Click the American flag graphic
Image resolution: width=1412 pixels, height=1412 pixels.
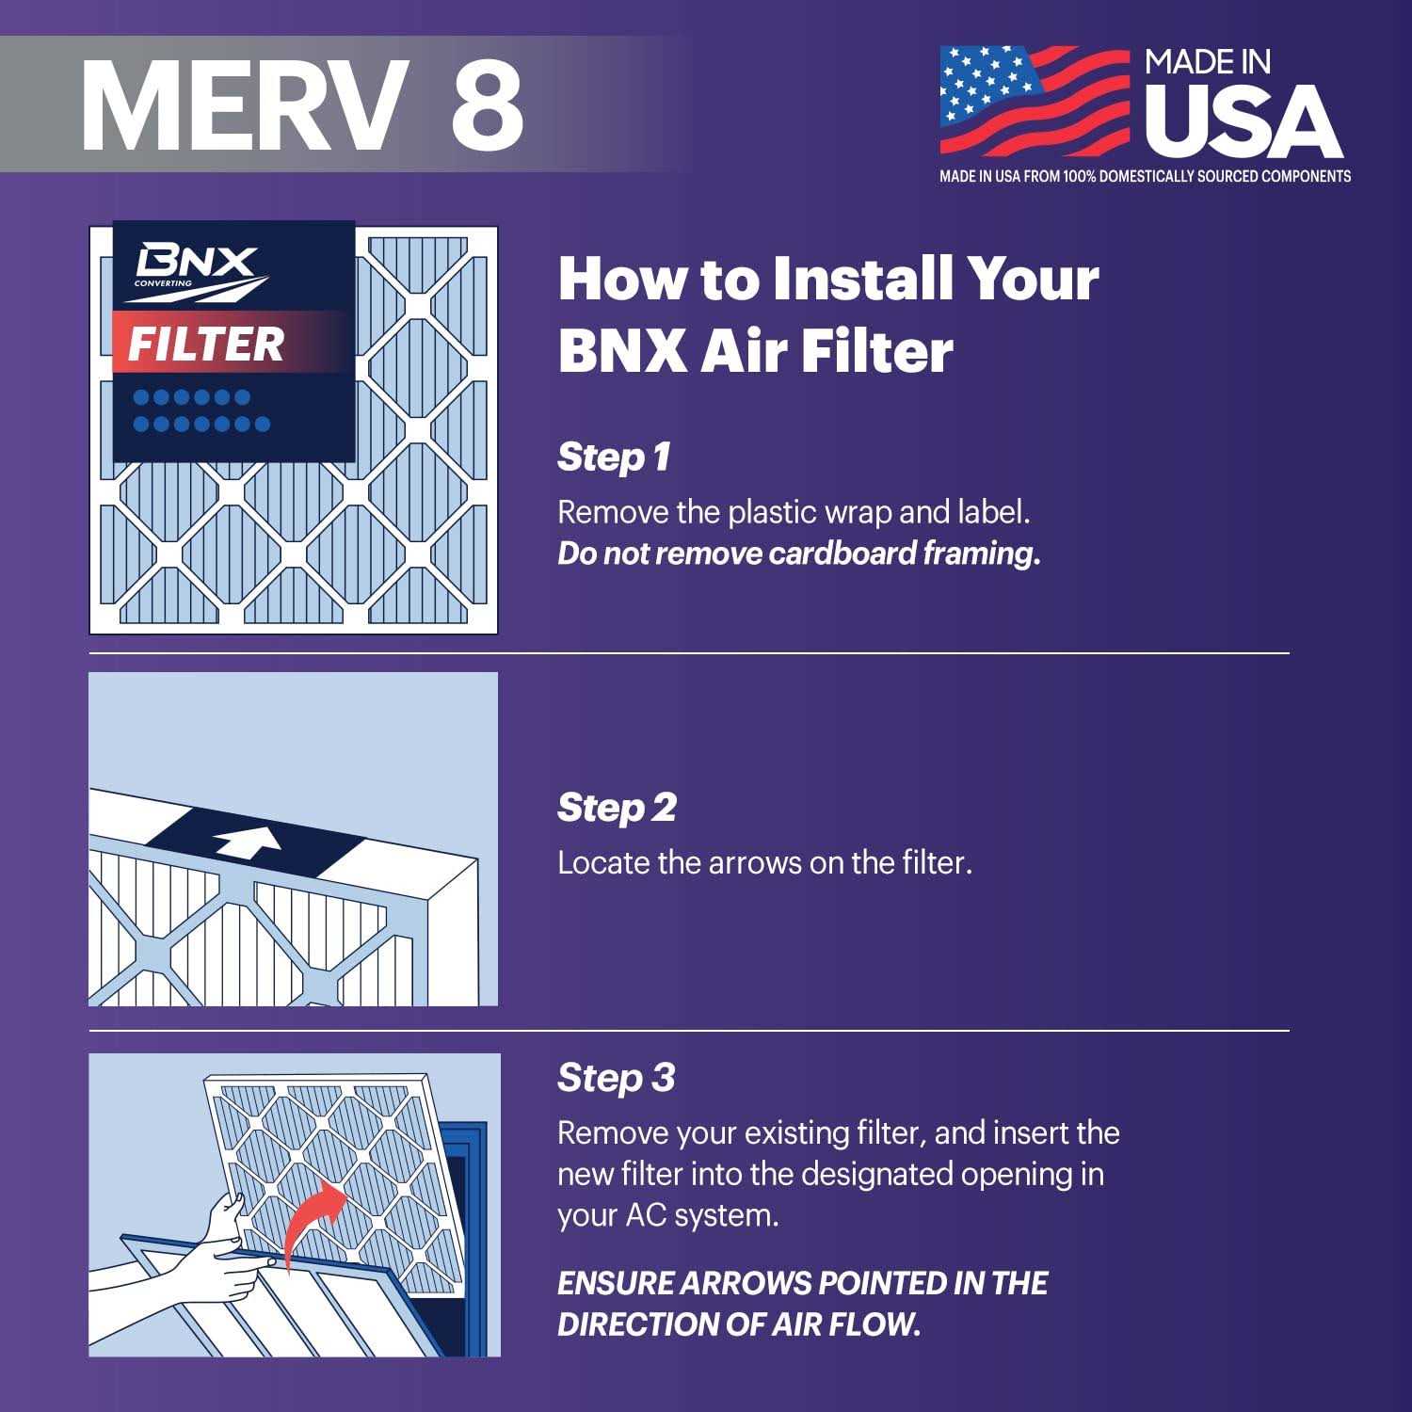(1035, 100)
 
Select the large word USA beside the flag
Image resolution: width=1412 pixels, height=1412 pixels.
(1243, 122)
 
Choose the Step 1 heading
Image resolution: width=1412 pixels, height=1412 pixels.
(614, 457)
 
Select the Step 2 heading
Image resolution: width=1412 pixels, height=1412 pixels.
(617, 808)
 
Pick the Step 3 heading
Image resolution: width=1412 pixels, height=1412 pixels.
(617, 1078)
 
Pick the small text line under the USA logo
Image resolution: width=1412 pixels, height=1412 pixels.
(1145, 176)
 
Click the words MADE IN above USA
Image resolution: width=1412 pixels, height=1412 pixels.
(1208, 63)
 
